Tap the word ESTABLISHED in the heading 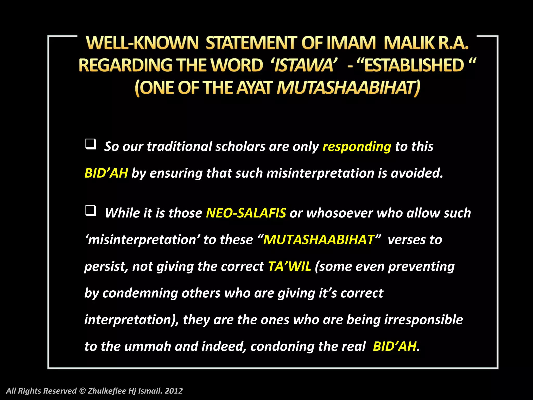[x=414, y=65]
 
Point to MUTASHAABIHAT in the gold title [x=348, y=87]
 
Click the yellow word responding [x=357, y=146]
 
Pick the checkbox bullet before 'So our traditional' [x=91, y=144]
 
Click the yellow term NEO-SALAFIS [x=246, y=213]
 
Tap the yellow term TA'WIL [x=289, y=266]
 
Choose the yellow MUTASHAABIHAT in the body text [x=319, y=240]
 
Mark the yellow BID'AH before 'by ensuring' [x=106, y=173]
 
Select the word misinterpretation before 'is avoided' [x=320, y=173]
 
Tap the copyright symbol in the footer [x=82, y=391]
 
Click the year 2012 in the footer [x=174, y=391]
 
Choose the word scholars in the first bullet [x=240, y=146]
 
